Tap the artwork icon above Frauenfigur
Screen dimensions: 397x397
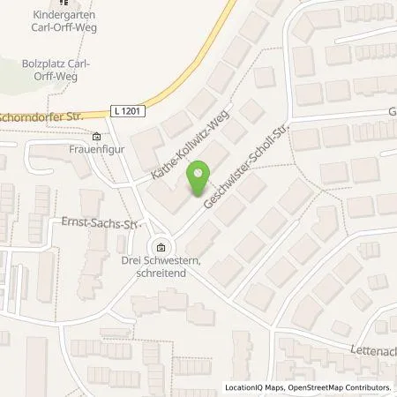point(96,136)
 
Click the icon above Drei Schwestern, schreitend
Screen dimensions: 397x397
point(160,247)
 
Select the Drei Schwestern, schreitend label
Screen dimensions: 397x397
point(160,266)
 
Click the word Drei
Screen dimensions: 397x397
point(131,261)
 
